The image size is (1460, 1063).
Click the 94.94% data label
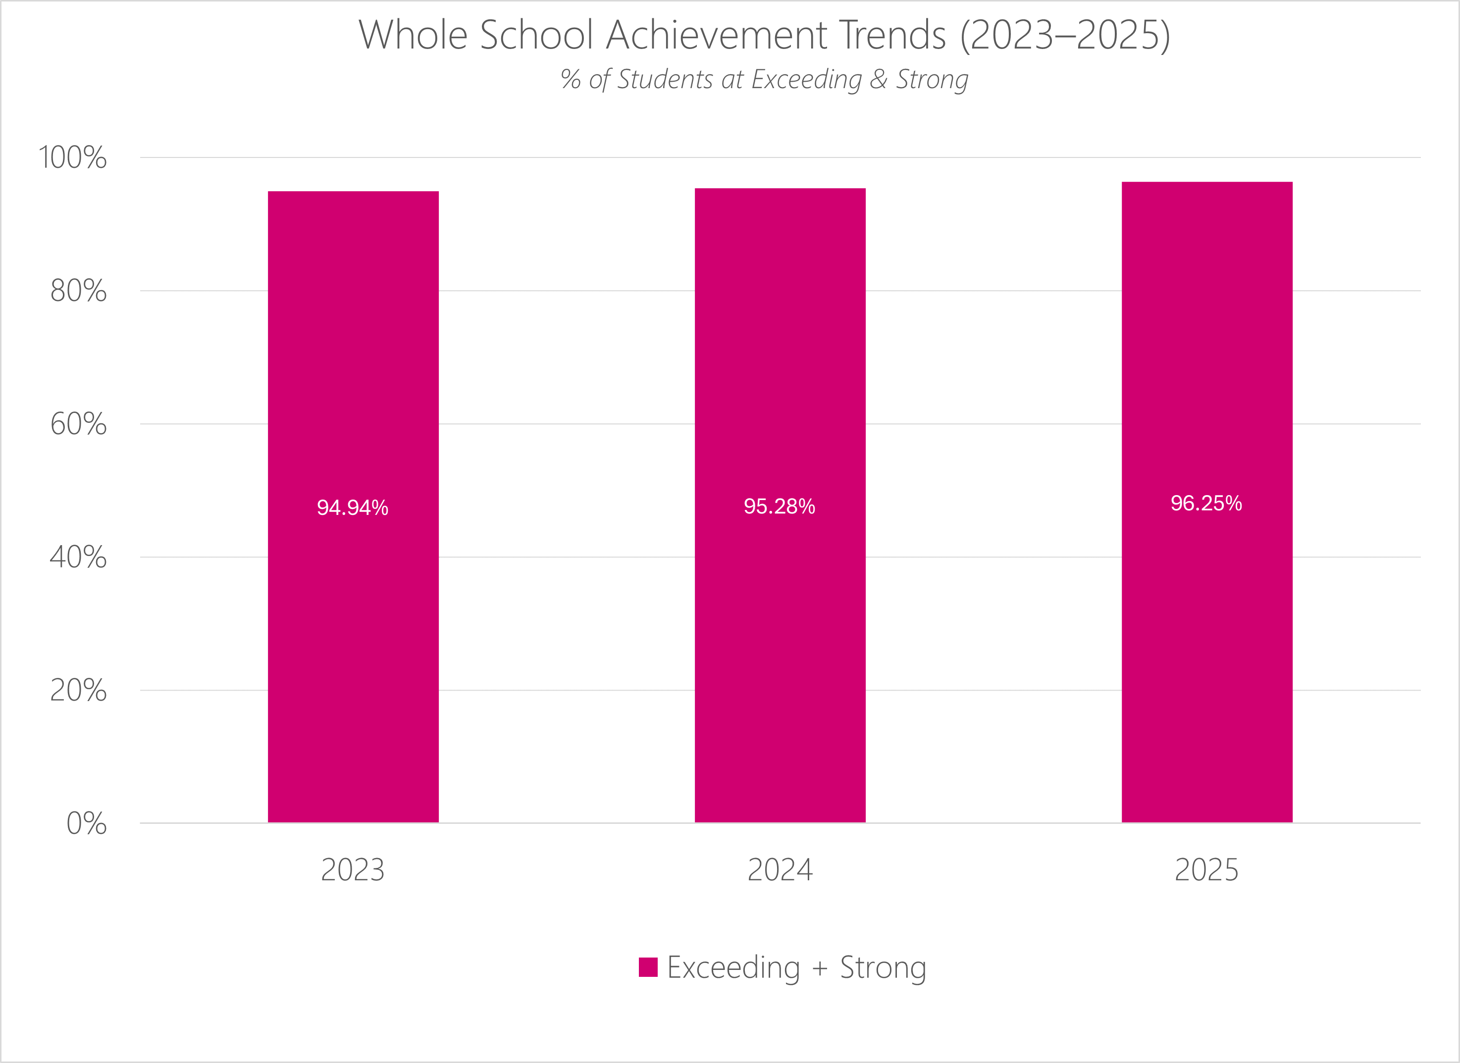[x=352, y=507]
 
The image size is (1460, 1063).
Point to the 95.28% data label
[x=779, y=506]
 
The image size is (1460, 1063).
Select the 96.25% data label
[x=1206, y=503]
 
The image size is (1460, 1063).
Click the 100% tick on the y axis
[x=73, y=157]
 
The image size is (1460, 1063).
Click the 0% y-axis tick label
[x=86, y=824]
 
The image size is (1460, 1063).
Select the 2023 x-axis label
[x=353, y=870]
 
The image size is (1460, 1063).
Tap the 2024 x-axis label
[x=780, y=870]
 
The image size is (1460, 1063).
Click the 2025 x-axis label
[x=1206, y=870]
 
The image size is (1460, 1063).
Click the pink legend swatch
[x=648, y=967]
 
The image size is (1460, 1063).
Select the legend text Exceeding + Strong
[x=796, y=967]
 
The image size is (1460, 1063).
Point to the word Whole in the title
[x=413, y=35]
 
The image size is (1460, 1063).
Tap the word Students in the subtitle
[x=666, y=80]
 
